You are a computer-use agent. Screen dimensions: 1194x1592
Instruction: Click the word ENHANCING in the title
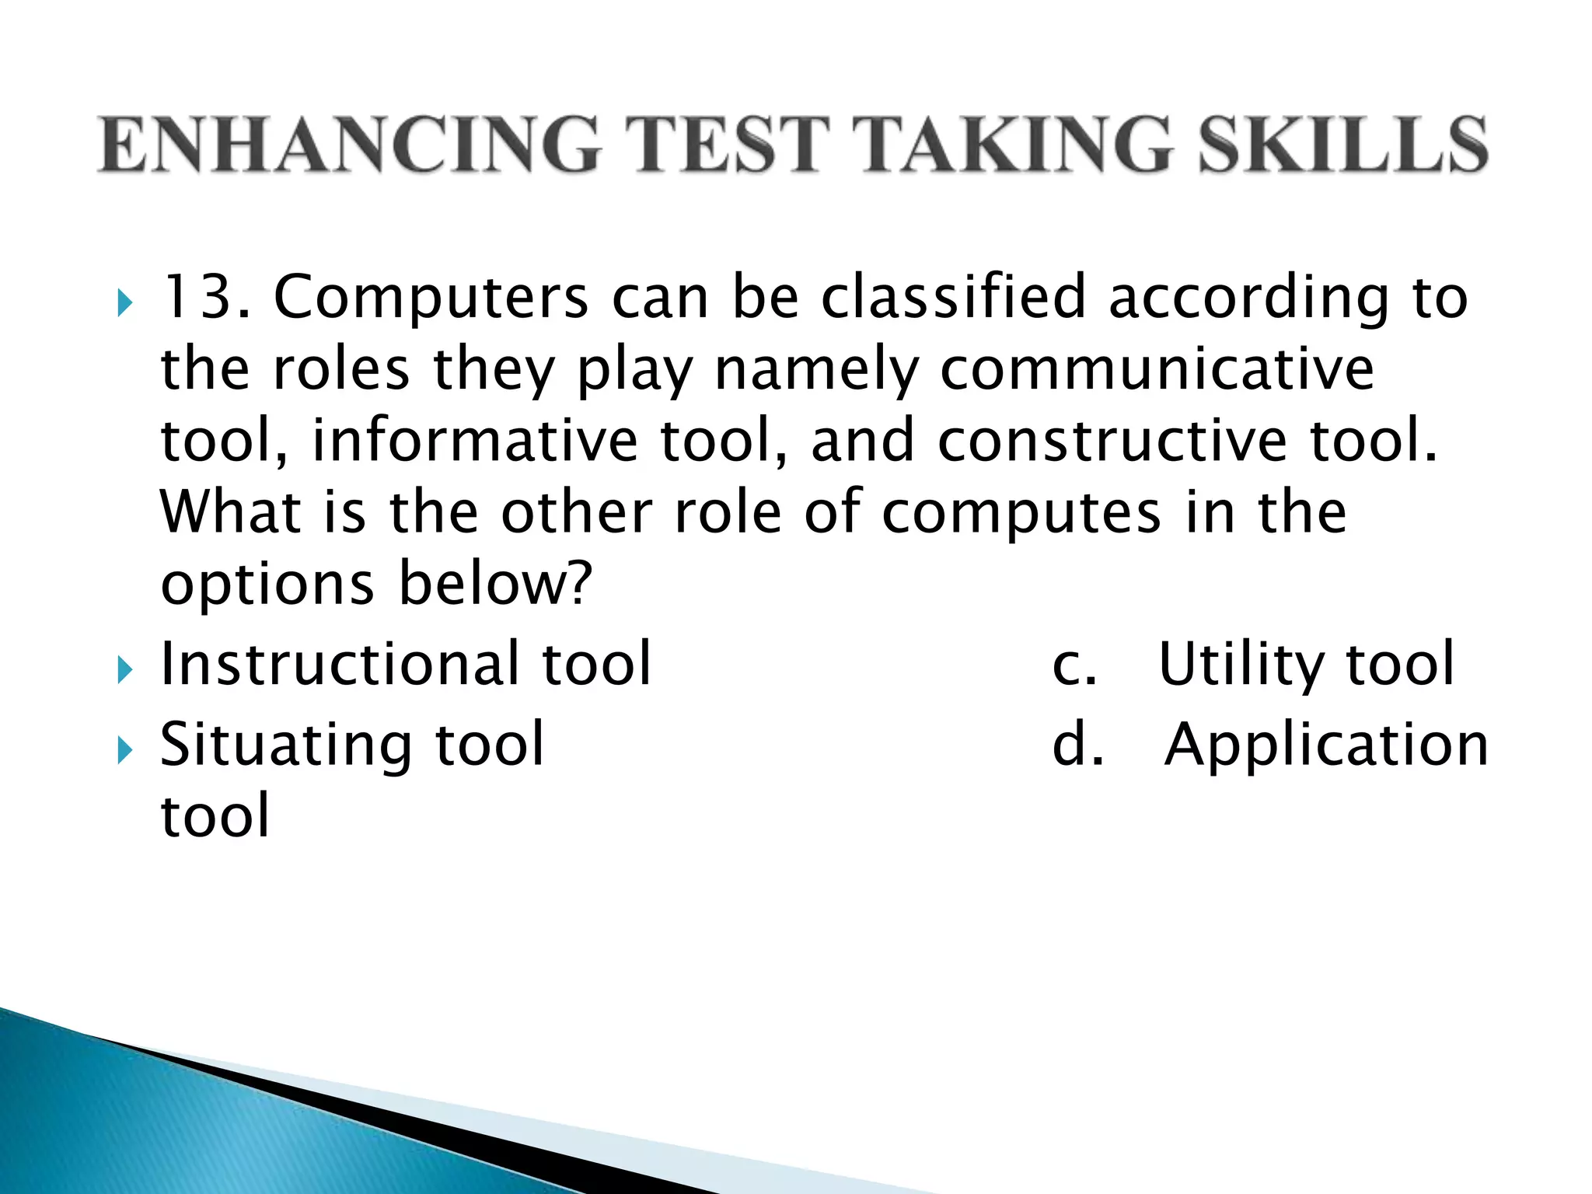pyautogui.click(x=349, y=144)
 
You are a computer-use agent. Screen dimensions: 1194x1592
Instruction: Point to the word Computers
pyautogui.click(x=431, y=298)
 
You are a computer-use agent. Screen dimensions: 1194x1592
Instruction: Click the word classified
pyautogui.click(x=953, y=297)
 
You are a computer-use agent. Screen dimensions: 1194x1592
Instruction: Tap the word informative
pyautogui.click(x=474, y=441)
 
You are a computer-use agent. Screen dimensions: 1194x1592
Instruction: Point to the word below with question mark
pyautogui.click(x=496, y=584)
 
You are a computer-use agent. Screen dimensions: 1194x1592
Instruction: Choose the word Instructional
pyautogui.click(x=339, y=664)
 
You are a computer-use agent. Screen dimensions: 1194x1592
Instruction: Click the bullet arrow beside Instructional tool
pyautogui.click(x=124, y=669)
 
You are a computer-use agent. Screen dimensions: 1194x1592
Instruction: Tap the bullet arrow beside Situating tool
pyautogui.click(x=124, y=749)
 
